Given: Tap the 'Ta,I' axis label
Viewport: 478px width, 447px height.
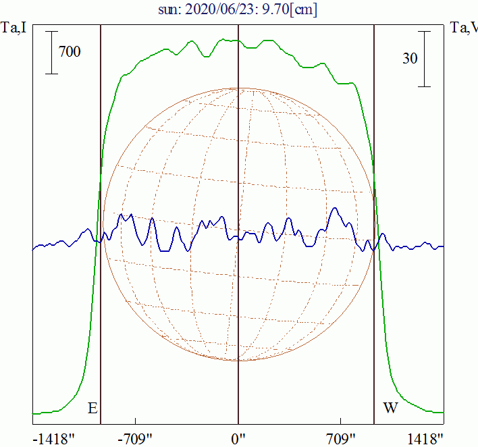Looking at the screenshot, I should tap(15, 28).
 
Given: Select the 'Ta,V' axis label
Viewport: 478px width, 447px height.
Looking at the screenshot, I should tap(463, 28).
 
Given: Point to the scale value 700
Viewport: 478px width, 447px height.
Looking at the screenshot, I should tap(70, 51).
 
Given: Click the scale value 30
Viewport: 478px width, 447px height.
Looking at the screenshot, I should tap(409, 58).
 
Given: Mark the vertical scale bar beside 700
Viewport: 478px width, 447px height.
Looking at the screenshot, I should tap(52, 53).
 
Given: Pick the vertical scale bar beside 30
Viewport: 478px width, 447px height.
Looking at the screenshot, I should tap(424, 59).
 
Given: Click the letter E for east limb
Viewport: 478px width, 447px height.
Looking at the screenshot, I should tap(92, 408).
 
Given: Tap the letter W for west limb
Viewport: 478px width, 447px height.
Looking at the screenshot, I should tap(390, 408).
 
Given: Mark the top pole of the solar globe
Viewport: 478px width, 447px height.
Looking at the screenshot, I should tap(238, 88).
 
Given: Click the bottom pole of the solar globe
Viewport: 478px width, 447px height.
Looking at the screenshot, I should tap(238, 360).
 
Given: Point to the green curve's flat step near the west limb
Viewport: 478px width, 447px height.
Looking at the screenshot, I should tap(346, 83).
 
